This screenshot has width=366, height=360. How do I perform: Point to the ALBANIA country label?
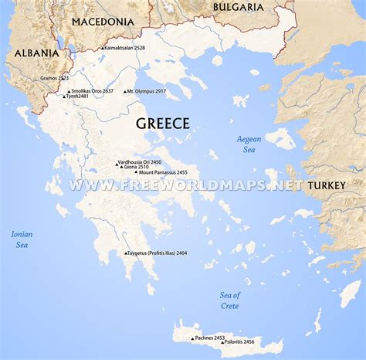[36, 53]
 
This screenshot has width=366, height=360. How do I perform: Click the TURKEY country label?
[326, 186]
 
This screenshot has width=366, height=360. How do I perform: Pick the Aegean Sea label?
[249, 144]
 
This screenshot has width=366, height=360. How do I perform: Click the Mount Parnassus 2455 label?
[164, 172]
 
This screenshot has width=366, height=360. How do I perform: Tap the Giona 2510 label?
[137, 166]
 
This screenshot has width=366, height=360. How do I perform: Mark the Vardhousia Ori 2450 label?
[141, 161]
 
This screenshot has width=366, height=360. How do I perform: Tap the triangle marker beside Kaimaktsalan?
[102, 49]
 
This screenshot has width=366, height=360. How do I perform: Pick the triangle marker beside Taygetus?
[126, 253]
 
